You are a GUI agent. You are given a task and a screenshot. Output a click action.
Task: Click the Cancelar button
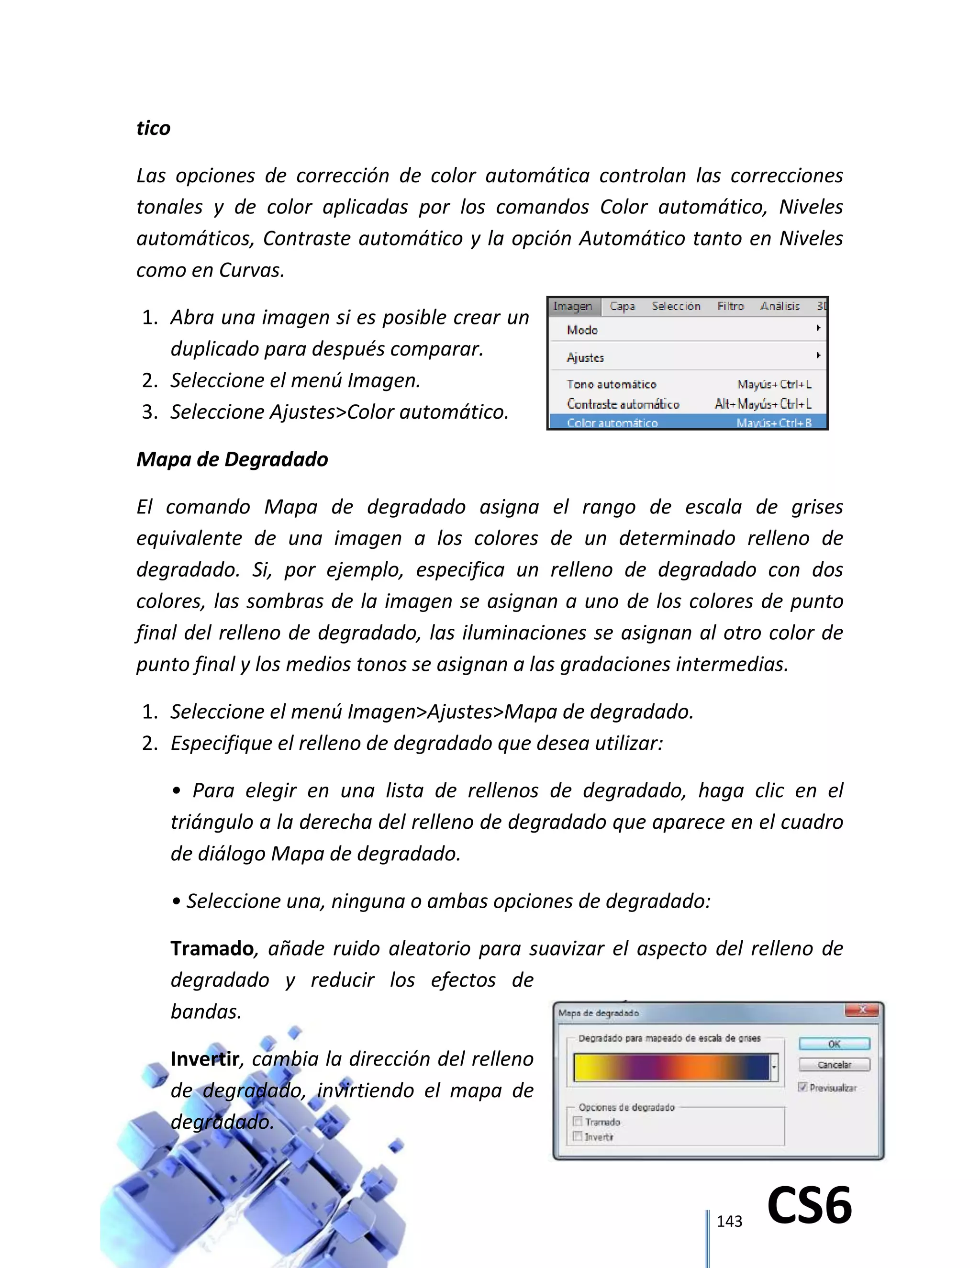(x=834, y=1065)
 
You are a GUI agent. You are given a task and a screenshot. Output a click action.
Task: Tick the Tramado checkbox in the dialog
(x=578, y=1122)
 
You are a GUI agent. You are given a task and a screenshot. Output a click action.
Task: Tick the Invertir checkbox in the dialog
(x=578, y=1136)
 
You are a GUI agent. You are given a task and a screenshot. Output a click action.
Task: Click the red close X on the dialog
(x=862, y=1011)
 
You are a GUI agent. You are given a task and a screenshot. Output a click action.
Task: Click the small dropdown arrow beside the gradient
(x=774, y=1067)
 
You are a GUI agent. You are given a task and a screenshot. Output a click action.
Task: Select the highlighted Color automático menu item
(x=612, y=423)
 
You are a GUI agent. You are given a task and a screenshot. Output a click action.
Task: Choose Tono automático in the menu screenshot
(x=612, y=384)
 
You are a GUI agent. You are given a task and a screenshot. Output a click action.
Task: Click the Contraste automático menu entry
(x=623, y=403)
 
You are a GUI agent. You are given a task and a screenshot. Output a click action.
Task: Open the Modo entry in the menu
(x=582, y=330)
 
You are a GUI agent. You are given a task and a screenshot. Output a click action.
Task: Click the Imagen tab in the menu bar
(x=572, y=306)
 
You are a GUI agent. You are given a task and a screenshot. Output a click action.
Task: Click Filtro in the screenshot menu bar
(x=730, y=306)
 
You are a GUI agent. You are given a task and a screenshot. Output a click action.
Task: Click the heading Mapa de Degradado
(x=232, y=459)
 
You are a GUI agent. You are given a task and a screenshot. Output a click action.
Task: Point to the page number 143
(x=729, y=1222)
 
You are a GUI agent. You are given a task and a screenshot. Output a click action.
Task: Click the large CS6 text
(x=809, y=1205)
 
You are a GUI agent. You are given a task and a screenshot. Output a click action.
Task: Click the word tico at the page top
(x=153, y=128)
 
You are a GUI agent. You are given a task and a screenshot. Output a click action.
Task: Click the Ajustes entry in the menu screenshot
(x=585, y=357)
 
